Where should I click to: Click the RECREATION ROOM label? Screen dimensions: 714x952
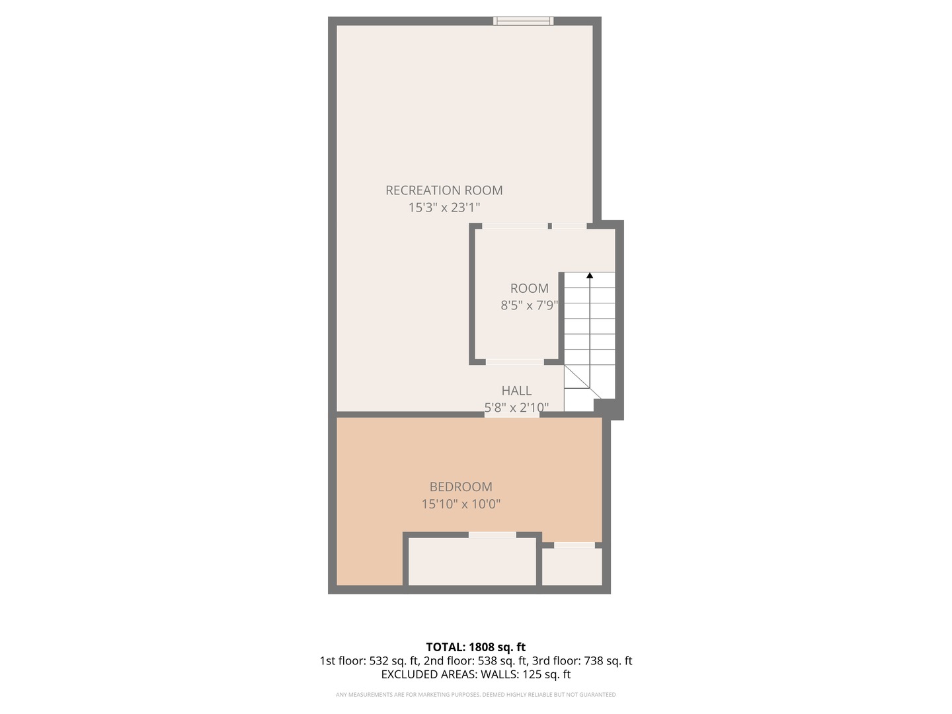click(444, 190)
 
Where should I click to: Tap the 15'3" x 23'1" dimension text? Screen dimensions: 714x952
click(444, 208)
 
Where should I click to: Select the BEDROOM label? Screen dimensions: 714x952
click(461, 487)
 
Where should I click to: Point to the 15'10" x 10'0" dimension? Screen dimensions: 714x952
click(461, 504)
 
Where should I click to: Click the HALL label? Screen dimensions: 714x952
click(516, 391)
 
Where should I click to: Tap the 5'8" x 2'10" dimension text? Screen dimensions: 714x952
click(516, 407)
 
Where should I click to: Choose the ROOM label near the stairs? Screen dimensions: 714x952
click(529, 288)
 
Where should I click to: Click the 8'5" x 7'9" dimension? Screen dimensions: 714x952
click(529, 305)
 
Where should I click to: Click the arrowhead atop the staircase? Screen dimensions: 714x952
click(589, 275)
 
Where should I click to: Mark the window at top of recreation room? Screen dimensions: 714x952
click(524, 21)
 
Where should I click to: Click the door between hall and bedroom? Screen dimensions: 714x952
click(512, 415)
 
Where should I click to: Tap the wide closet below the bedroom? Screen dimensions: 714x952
click(472, 561)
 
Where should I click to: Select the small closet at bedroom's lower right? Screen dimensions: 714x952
click(572, 567)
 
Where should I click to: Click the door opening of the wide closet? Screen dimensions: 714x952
click(493, 534)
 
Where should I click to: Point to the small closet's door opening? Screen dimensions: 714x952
click(574, 545)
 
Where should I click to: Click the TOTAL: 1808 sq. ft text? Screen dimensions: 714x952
click(475, 647)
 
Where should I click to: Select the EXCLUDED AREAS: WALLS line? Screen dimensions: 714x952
click(475, 674)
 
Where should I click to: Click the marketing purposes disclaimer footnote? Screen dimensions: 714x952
click(475, 695)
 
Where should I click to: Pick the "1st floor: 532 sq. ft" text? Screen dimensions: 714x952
click(370, 660)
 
